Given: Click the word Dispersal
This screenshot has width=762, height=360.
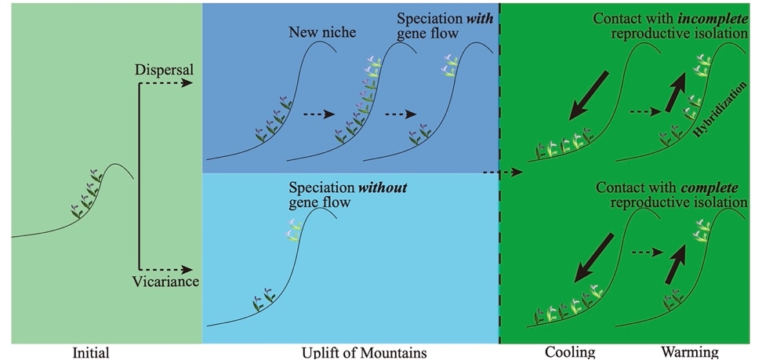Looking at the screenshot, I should coord(163,70).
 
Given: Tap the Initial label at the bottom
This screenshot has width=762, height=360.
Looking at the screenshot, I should coord(90,352).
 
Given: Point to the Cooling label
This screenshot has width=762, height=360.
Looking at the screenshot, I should coord(570,352).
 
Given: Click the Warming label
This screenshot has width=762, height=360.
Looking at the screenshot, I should coord(688,352).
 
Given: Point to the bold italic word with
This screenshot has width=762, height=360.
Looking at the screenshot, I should coord(479,18).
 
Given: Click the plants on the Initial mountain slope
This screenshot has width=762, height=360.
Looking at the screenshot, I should coord(85,193).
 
